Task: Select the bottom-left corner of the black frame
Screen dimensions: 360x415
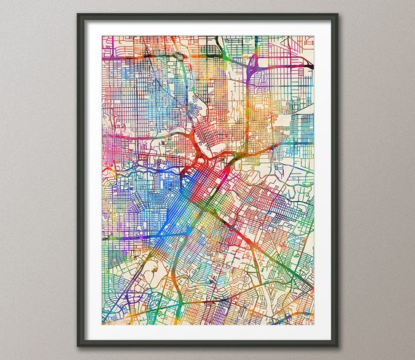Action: point(78,347)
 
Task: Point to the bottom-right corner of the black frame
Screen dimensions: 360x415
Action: point(338,347)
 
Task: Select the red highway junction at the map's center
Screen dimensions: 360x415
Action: point(199,154)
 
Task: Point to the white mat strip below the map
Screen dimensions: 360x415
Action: point(207,333)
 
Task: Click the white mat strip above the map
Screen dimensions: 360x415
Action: point(207,27)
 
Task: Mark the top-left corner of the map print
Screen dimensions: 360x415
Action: point(102,36)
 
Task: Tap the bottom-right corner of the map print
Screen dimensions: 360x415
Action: point(315,324)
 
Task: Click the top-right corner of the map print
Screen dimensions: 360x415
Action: point(315,36)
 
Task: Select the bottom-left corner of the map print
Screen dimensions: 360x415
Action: point(102,324)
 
